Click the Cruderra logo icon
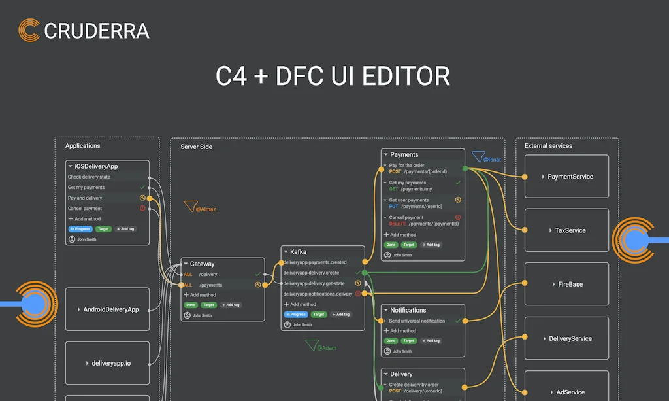coord(29,30)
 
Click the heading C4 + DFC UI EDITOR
coord(333,77)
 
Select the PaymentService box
coord(566,177)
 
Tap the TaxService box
coord(566,230)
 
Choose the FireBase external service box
coord(566,285)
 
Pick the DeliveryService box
coord(566,338)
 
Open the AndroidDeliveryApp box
coord(108,309)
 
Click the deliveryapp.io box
coord(108,363)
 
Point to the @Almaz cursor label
coord(205,209)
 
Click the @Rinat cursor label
coord(492,160)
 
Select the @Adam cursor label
coord(326,348)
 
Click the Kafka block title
coord(298,251)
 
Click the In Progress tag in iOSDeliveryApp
coord(80,229)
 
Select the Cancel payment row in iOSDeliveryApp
coord(85,209)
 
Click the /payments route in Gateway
coord(210,285)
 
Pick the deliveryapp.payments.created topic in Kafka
coord(315,262)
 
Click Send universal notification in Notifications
coord(417,321)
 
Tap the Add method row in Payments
coord(402,234)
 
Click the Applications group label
coord(83,146)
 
